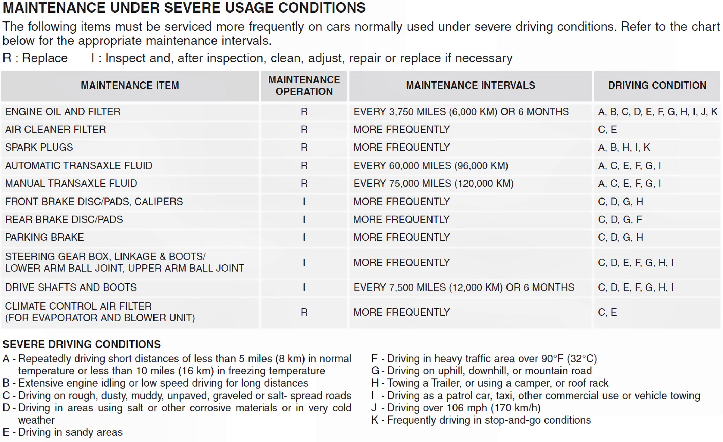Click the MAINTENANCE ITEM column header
pyautogui.click(x=130, y=86)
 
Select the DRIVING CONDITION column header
pyautogui.click(x=657, y=86)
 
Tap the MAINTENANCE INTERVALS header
pyautogui.click(x=470, y=86)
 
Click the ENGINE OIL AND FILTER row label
pyautogui.click(x=63, y=112)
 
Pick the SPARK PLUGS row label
pyautogui.click(x=39, y=147)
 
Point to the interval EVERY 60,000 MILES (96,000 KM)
pyautogui.click(x=431, y=166)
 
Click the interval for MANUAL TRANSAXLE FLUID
pyautogui.click(x=433, y=183)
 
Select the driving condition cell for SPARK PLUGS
pyautogui.click(x=624, y=147)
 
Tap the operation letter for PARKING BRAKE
pyautogui.click(x=304, y=238)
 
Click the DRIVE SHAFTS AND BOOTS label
pyautogui.click(x=71, y=287)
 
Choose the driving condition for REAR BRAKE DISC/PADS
pyautogui.click(x=620, y=219)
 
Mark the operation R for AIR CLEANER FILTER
pyautogui.click(x=304, y=129)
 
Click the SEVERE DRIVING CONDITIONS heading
pyautogui.click(x=82, y=344)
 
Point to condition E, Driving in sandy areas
pyautogui.click(x=63, y=432)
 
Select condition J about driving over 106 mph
pyautogui.click(x=456, y=408)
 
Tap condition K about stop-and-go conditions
pyautogui.click(x=481, y=420)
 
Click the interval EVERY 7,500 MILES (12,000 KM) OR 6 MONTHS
pyautogui.click(x=464, y=287)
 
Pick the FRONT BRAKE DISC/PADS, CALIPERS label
pyautogui.click(x=94, y=201)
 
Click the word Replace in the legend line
pyautogui.click(x=45, y=58)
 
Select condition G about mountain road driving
pyautogui.click(x=481, y=371)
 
